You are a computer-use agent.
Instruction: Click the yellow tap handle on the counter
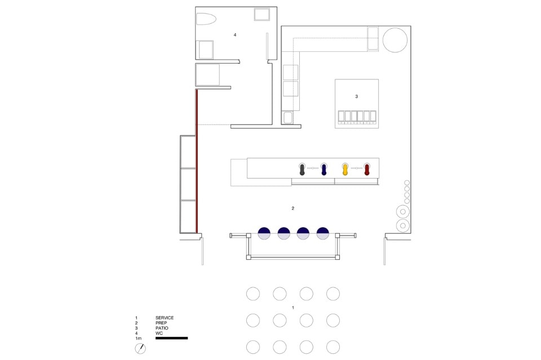[345, 170]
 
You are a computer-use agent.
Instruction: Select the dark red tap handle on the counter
[367, 170]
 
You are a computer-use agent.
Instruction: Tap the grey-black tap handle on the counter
[302, 170]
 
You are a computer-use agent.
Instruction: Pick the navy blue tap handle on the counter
[323, 170]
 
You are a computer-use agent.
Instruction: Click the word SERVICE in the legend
[165, 318]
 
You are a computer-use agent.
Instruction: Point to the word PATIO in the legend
[162, 328]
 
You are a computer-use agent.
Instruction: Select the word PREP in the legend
[161, 323]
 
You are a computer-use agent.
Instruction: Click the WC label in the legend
[159, 334]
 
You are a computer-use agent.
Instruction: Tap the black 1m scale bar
[171, 338]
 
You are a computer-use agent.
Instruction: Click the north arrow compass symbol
[140, 349]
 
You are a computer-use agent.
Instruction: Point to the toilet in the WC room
[206, 19]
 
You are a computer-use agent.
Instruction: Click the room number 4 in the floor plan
[235, 35]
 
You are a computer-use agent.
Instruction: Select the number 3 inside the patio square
[356, 96]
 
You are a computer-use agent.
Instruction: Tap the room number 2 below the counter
[293, 208]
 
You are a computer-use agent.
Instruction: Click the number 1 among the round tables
[293, 308]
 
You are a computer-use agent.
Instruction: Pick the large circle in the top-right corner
[395, 40]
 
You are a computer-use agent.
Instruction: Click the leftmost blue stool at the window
[264, 233]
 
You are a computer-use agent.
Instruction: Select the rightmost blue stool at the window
[323, 233]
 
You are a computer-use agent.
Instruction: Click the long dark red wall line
[197, 161]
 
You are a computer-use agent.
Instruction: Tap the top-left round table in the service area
[253, 294]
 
